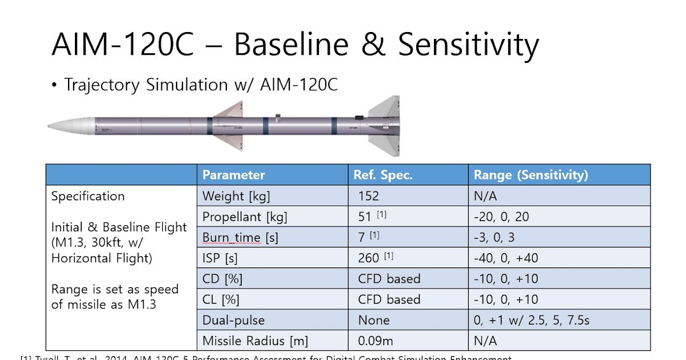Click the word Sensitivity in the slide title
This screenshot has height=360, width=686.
tap(468, 45)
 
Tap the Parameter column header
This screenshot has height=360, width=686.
tap(234, 175)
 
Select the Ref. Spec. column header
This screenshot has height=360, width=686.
tap(382, 175)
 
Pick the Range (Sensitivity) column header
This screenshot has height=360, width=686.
tap(531, 175)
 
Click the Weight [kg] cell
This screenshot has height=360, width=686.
tap(236, 196)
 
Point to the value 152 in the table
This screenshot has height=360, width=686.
tap(369, 196)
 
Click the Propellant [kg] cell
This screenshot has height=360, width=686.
tap(245, 217)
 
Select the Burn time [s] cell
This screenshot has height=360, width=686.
tap(240, 238)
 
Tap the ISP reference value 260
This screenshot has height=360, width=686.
tap(369, 258)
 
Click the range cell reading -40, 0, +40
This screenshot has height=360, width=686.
tap(506, 258)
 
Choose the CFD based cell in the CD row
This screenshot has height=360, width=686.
tap(389, 279)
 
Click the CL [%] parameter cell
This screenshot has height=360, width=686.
tap(221, 299)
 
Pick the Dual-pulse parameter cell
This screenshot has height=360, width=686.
tap(233, 320)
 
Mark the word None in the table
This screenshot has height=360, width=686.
tap(374, 320)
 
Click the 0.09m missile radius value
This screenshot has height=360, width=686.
tap(376, 341)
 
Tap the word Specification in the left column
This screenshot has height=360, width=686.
tap(88, 197)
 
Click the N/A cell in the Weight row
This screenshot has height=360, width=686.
tap(485, 196)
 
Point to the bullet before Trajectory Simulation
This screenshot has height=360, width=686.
tap(54, 86)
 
